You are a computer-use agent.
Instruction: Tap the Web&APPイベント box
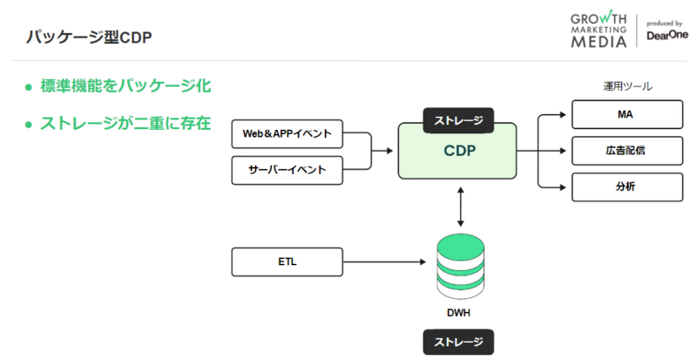(288, 135)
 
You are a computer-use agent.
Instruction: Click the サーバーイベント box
(288, 170)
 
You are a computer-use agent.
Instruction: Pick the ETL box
(288, 261)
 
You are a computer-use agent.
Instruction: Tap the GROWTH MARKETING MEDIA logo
(599, 31)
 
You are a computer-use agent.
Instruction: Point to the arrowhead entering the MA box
(566, 114)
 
